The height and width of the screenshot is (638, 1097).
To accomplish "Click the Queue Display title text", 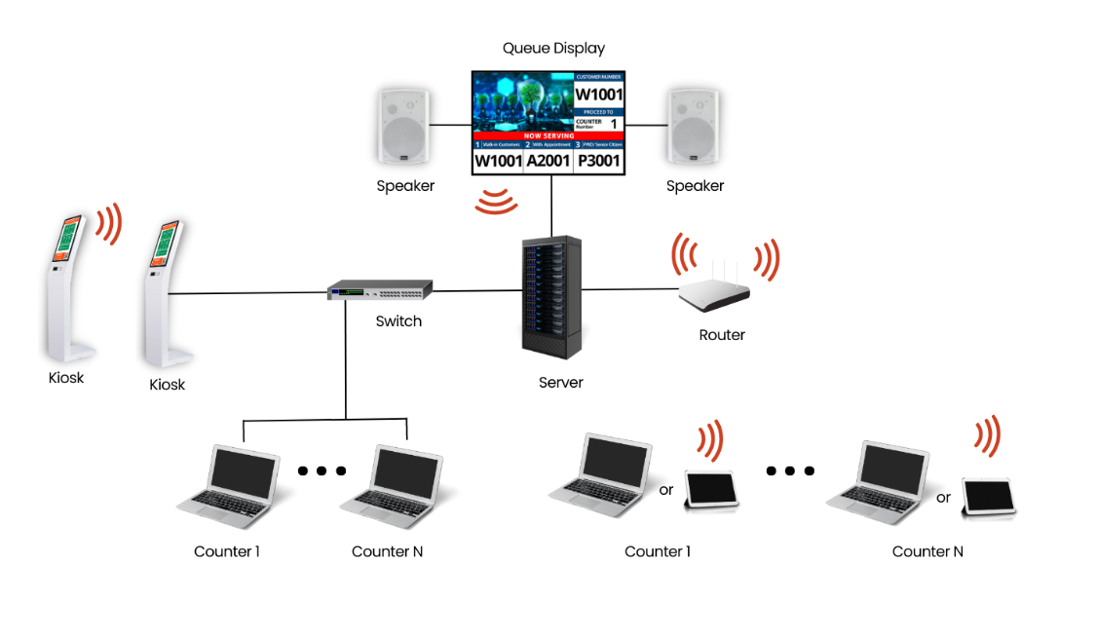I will (553, 48).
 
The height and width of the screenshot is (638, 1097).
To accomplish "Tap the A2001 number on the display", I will (549, 161).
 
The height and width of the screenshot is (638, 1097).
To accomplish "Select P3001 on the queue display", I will (598, 161).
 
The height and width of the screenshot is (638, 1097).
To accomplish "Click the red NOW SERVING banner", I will (548, 136).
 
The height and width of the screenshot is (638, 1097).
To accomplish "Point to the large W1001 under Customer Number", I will (598, 94).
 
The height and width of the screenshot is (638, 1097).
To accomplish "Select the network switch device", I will (379, 290).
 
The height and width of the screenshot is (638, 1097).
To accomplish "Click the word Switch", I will (398, 320).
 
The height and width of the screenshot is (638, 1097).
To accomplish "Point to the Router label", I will (722, 335).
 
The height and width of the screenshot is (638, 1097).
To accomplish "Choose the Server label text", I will (560, 383).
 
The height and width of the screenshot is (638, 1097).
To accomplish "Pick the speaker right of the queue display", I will (694, 126).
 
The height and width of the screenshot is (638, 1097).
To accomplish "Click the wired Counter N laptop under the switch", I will (390, 482).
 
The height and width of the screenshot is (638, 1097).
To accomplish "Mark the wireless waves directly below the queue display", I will (496, 202).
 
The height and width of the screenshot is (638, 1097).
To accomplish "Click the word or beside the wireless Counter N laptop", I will (943, 498).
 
